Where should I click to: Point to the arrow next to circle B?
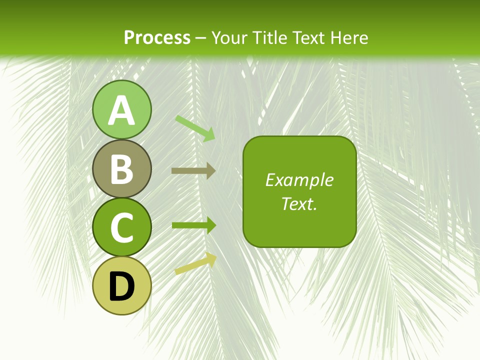point(193,170)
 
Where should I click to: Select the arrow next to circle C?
point(193,225)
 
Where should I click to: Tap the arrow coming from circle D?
point(195,263)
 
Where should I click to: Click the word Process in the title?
point(157,37)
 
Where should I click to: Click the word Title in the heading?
point(268,37)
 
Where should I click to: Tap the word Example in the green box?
point(299,180)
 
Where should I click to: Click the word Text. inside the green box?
point(299,203)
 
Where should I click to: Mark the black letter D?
point(121,287)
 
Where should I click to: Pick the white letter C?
point(121,228)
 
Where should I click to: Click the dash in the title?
point(201,38)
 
